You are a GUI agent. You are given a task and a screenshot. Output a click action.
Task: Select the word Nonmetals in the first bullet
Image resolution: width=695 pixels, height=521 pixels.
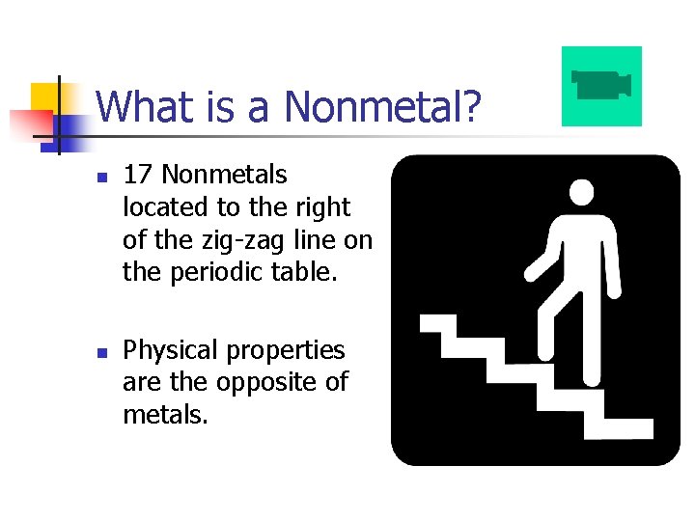(225, 175)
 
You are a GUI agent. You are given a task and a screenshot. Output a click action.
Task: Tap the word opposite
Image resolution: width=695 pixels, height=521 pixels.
(260, 383)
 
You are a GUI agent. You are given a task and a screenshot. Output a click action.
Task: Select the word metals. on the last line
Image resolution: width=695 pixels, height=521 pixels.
(165, 416)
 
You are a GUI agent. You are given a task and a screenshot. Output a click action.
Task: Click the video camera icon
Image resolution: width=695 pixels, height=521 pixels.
(601, 85)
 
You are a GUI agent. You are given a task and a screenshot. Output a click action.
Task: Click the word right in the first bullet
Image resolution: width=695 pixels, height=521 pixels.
(324, 207)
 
